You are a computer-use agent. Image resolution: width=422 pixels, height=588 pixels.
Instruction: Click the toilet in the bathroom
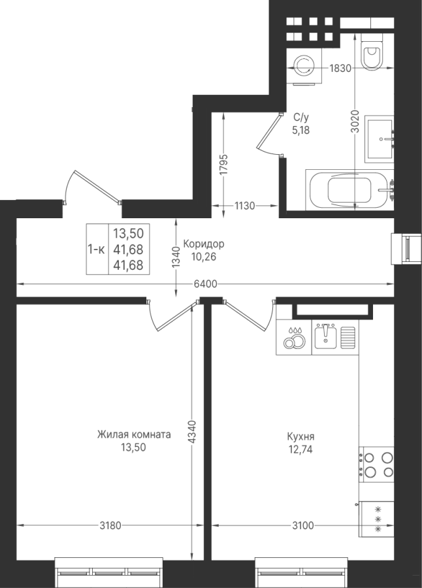tap(371, 52)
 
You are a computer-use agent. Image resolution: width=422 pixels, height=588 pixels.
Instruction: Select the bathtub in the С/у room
tap(349, 189)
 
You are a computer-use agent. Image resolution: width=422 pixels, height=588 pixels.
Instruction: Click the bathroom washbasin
tap(380, 139)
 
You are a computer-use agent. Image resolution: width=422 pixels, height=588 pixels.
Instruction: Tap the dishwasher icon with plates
tap(294, 337)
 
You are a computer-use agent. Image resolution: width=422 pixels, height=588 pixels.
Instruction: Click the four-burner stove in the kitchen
tap(377, 464)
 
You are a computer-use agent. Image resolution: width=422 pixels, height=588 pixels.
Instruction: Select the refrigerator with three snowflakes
tap(377, 519)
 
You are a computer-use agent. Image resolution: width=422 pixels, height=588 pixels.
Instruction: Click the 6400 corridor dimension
tap(206, 284)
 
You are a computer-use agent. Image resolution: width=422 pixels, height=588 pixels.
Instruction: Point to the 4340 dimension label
tap(191, 432)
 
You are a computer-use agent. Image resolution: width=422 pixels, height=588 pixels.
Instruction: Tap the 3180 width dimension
tap(110, 526)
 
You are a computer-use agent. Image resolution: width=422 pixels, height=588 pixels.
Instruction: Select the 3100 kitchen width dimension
tap(302, 526)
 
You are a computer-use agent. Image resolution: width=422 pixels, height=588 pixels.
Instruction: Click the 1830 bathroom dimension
tap(340, 68)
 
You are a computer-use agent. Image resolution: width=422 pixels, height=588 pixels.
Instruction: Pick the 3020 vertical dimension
tap(355, 121)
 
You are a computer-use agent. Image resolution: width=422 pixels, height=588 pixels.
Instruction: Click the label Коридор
tap(204, 244)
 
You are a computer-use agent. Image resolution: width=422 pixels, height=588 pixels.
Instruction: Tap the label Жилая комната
tap(134, 434)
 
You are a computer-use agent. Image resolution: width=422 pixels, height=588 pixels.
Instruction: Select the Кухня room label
tap(301, 437)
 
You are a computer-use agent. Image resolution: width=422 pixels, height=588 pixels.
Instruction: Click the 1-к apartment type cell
tap(97, 249)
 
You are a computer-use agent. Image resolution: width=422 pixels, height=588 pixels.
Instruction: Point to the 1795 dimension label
tap(223, 165)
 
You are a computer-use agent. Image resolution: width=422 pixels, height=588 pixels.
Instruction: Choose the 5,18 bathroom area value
tap(301, 130)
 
